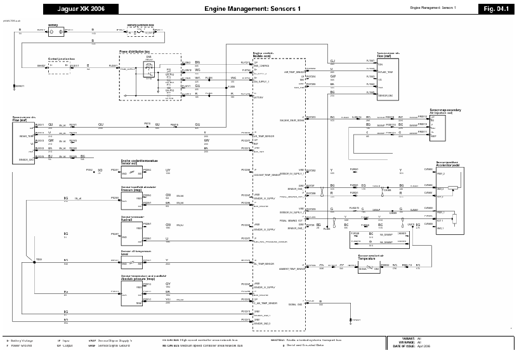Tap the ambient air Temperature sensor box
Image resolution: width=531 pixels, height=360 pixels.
click(369, 269)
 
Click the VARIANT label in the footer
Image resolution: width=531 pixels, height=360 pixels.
click(406, 338)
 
